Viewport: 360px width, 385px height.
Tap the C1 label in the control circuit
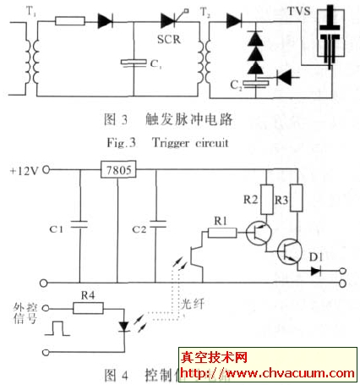[56, 228]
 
